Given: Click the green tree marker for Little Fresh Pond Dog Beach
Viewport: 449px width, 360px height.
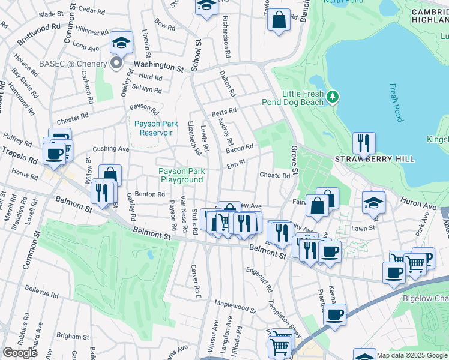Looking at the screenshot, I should point(333,96).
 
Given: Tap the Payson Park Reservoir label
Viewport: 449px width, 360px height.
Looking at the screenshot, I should point(153,128).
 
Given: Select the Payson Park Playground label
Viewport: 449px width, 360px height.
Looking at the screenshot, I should point(181,175).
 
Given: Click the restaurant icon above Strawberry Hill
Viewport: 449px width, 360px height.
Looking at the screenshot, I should point(364,143).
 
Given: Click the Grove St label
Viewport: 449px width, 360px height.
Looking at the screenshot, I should point(295,160).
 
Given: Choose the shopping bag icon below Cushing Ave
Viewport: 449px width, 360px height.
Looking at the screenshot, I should point(110,175).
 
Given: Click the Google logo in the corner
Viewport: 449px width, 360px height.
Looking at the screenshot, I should point(19,353).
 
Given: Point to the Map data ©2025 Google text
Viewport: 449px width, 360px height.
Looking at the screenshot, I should point(411,355).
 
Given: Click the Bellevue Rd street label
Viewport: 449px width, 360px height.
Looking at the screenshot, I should point(41,292).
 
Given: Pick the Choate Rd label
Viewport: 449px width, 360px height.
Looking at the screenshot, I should point(274,175).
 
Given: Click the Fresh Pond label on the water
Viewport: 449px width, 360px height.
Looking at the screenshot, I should point(397,103).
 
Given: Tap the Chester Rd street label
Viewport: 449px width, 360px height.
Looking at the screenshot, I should point(73,115).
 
